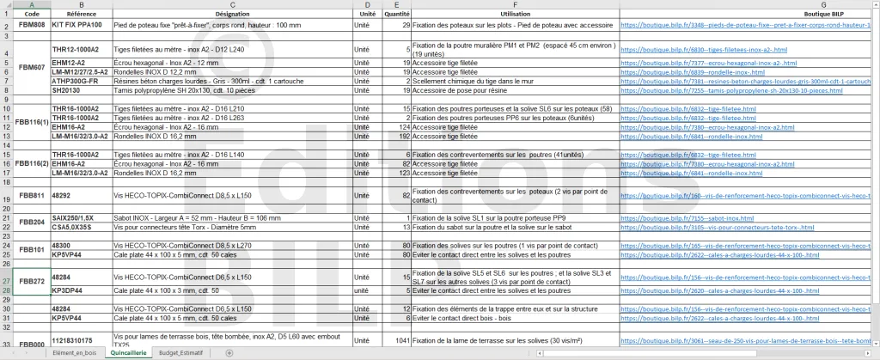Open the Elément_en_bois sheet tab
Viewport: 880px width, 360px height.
(75, 353)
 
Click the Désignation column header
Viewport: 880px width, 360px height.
(232, 15)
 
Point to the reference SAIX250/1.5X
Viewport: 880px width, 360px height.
(73, 218)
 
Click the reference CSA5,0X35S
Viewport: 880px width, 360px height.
(71, 227)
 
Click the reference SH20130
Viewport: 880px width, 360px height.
(66, 88)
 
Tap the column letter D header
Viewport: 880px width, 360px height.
(367, 5)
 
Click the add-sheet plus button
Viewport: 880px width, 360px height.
(229, 353)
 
